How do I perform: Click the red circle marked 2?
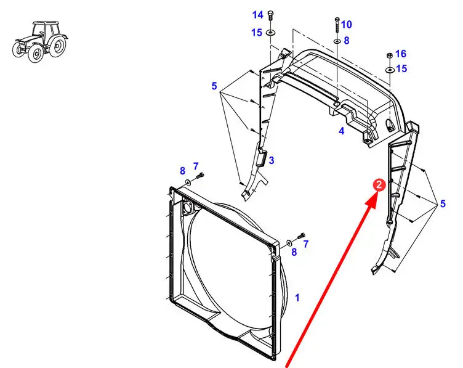379,185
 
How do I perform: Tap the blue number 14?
257,15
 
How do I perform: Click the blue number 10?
347,24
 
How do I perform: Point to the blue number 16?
401,54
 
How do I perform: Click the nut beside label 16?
390,55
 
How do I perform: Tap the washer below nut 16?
390,70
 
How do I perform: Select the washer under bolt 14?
270,32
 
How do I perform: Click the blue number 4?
341,131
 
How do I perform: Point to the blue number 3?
272,160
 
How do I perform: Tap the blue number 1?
297,298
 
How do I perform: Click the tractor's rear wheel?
57,46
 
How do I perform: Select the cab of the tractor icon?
46,30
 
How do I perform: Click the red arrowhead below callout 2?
372,200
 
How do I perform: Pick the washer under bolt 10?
337,41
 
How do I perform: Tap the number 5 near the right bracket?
443,203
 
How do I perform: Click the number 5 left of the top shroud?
214,86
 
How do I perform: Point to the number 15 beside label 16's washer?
401,68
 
